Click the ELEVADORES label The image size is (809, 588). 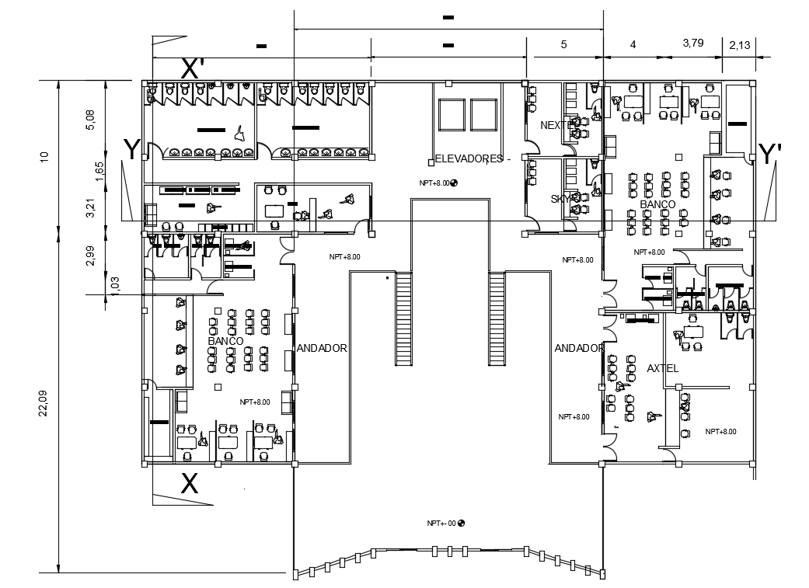point(469,159)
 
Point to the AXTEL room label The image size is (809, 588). point(662,368)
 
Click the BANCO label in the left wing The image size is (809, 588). point(226,341)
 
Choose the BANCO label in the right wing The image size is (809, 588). point(657,204)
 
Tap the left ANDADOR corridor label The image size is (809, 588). point(321,349)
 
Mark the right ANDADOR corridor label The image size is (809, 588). point(579,349)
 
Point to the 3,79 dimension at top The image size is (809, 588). point(692,43)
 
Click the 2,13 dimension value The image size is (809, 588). point(740,47)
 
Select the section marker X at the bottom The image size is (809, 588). point(189,484)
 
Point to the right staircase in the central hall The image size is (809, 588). point(497,318)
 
